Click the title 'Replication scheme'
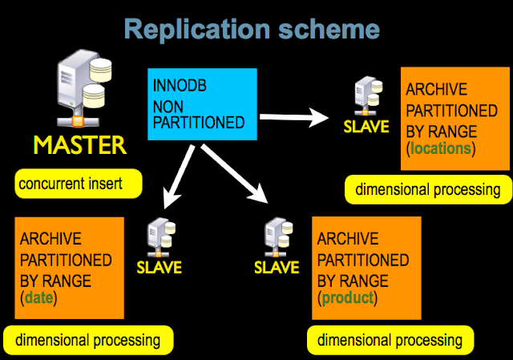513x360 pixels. pos(252,30)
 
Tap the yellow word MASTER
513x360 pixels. pos(79,145)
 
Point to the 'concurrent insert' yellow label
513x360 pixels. pos(78,184)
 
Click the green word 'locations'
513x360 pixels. pos(441,149)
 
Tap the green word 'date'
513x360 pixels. pos(37,299)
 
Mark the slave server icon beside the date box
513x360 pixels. pos(158,237)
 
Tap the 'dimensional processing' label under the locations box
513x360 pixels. pos(428,190)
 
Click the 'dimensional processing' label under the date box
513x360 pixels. pos(87,339)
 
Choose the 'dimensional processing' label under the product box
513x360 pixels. pos(390,339)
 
